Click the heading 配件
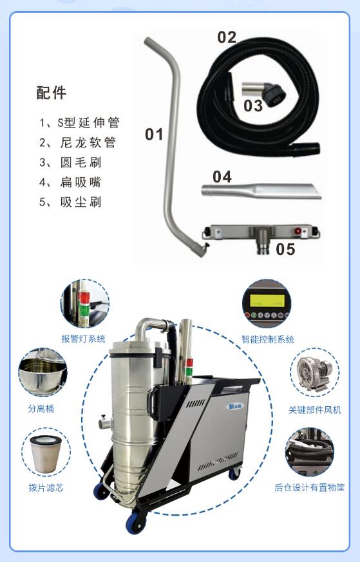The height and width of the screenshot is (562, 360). coord(51,93)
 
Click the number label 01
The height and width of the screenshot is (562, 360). coord(154,135)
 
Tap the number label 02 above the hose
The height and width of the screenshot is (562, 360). coord(226,37)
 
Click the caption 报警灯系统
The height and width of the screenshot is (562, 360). coord(83,339)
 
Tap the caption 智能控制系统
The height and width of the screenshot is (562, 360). coord(267,339)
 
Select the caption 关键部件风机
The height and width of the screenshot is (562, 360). coord(315,410)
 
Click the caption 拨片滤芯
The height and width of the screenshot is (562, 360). coord(46,488)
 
